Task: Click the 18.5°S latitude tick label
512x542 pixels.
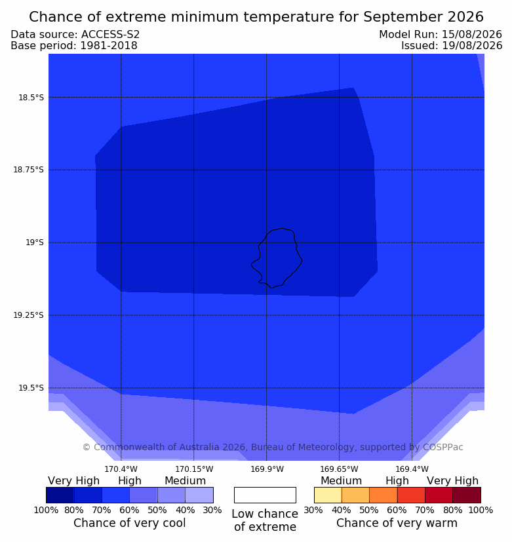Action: click(x=31, y=98)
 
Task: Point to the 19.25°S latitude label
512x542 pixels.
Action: click(x=29, y=315)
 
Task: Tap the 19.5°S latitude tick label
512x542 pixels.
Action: click(x=31, y=388)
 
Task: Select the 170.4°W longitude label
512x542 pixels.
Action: click(x=121, y=469)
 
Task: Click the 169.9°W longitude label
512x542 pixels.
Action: click(x=267, y=469)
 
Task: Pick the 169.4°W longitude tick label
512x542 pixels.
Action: click(x=412, y=469)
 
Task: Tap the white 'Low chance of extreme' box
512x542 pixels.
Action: click(x=265, y=495)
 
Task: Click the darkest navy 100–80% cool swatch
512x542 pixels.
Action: click(x=60, y=495)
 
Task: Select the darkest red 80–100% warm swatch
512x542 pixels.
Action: click(x=467, y=495)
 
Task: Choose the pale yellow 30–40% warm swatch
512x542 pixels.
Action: click(x=328, y=495)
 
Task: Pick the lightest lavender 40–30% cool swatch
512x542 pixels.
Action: click(x=199, y=495)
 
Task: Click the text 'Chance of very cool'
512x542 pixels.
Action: click(x=130, y=523)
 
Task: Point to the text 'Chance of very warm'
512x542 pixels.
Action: click(x=397, y=523)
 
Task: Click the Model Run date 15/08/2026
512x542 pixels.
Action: click(x=472, y=35)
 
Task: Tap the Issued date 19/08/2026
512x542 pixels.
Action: click(x=472, y=46)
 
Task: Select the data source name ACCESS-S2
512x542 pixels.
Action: click(x=111, y=35)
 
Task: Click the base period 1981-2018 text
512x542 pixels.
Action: click(x=109, y=46)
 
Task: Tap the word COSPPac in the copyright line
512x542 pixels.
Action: click(x=443, y=447)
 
